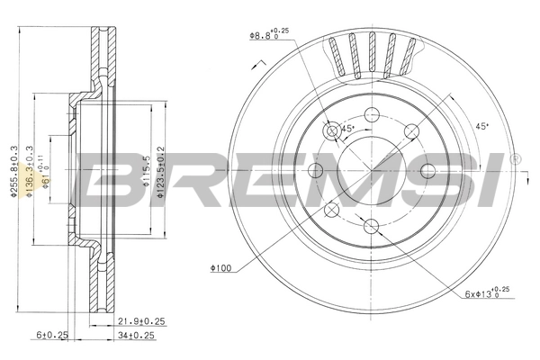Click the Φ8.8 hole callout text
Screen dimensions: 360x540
pyautogui.click(x=271, y=35)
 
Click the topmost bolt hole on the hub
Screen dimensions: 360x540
pyautogui.click(x=372, y=114)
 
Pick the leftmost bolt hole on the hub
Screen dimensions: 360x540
pyautogui.click(x=316, y=171)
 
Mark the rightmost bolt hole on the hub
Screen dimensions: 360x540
pyautogui.click(x=427, y=171)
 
